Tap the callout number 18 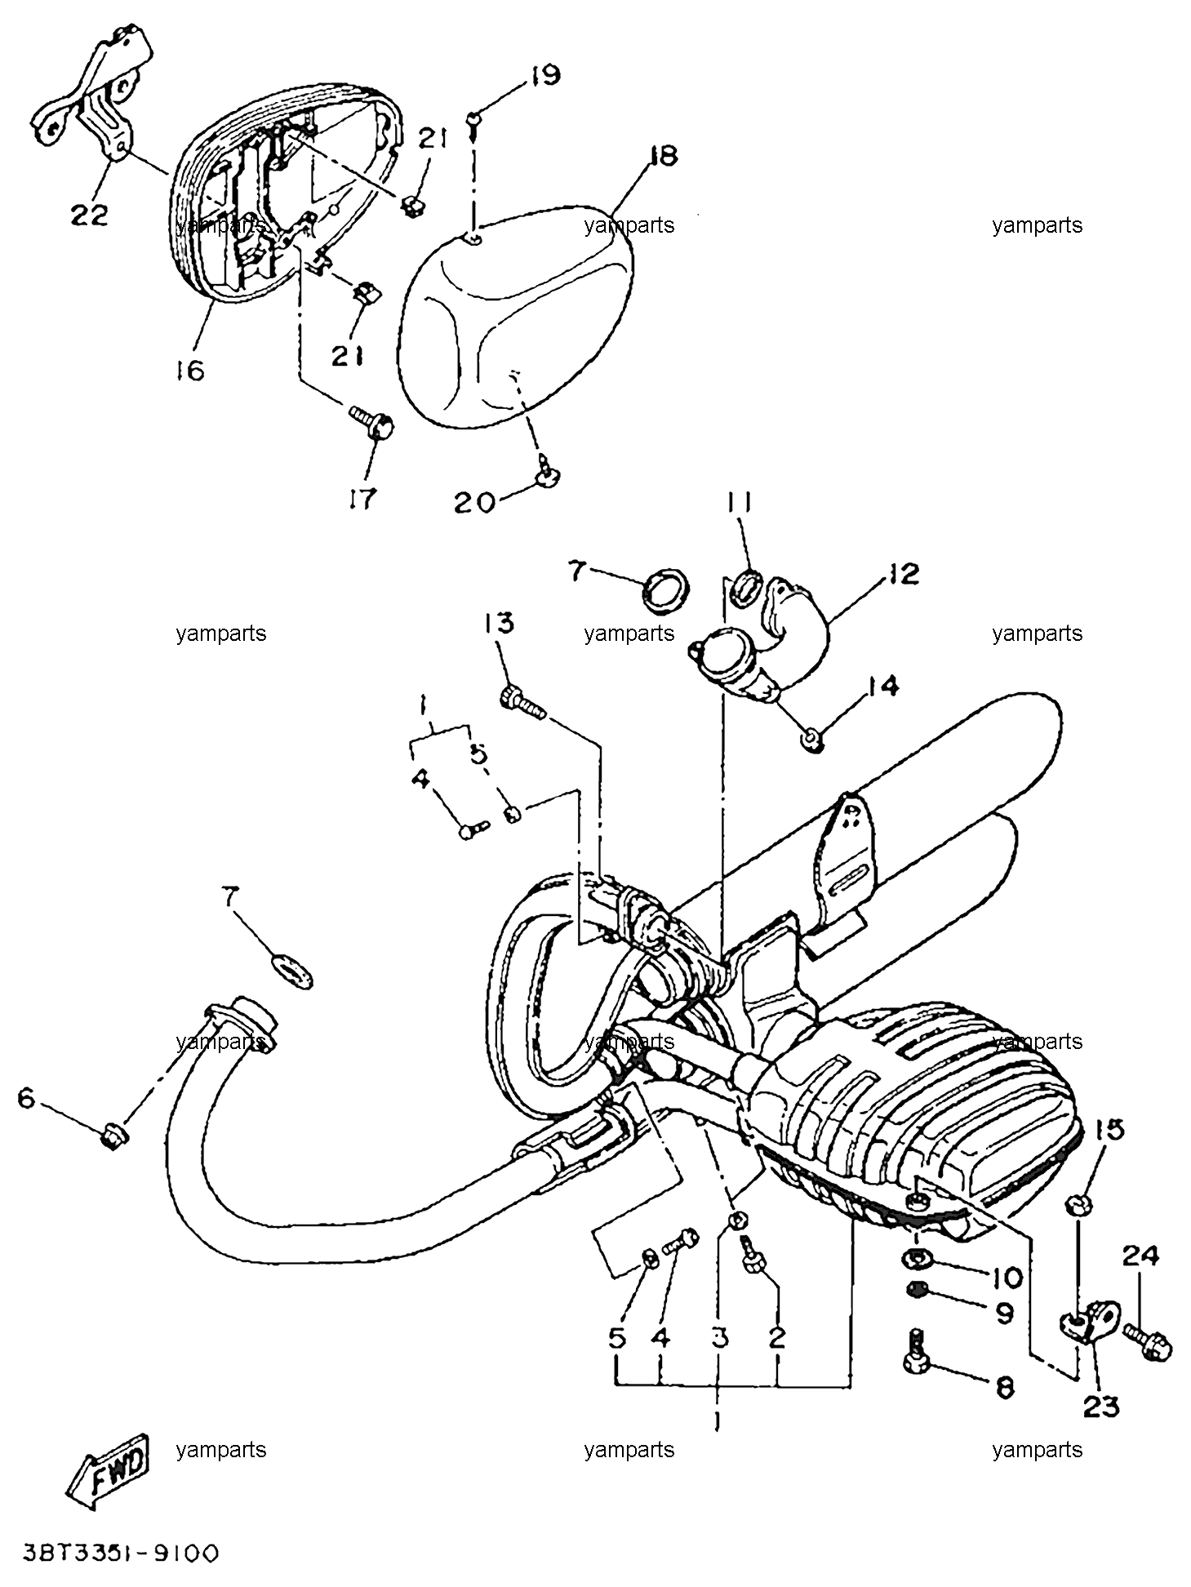[663, 155]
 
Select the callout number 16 [189, 371]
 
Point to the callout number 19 [544, 75]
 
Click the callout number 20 [474, 502]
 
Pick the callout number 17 [362, 498]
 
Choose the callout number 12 [904, 573]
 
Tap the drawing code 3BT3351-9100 [120, 1552]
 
